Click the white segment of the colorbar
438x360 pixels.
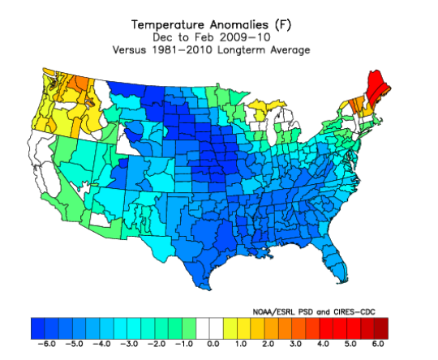211,328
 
